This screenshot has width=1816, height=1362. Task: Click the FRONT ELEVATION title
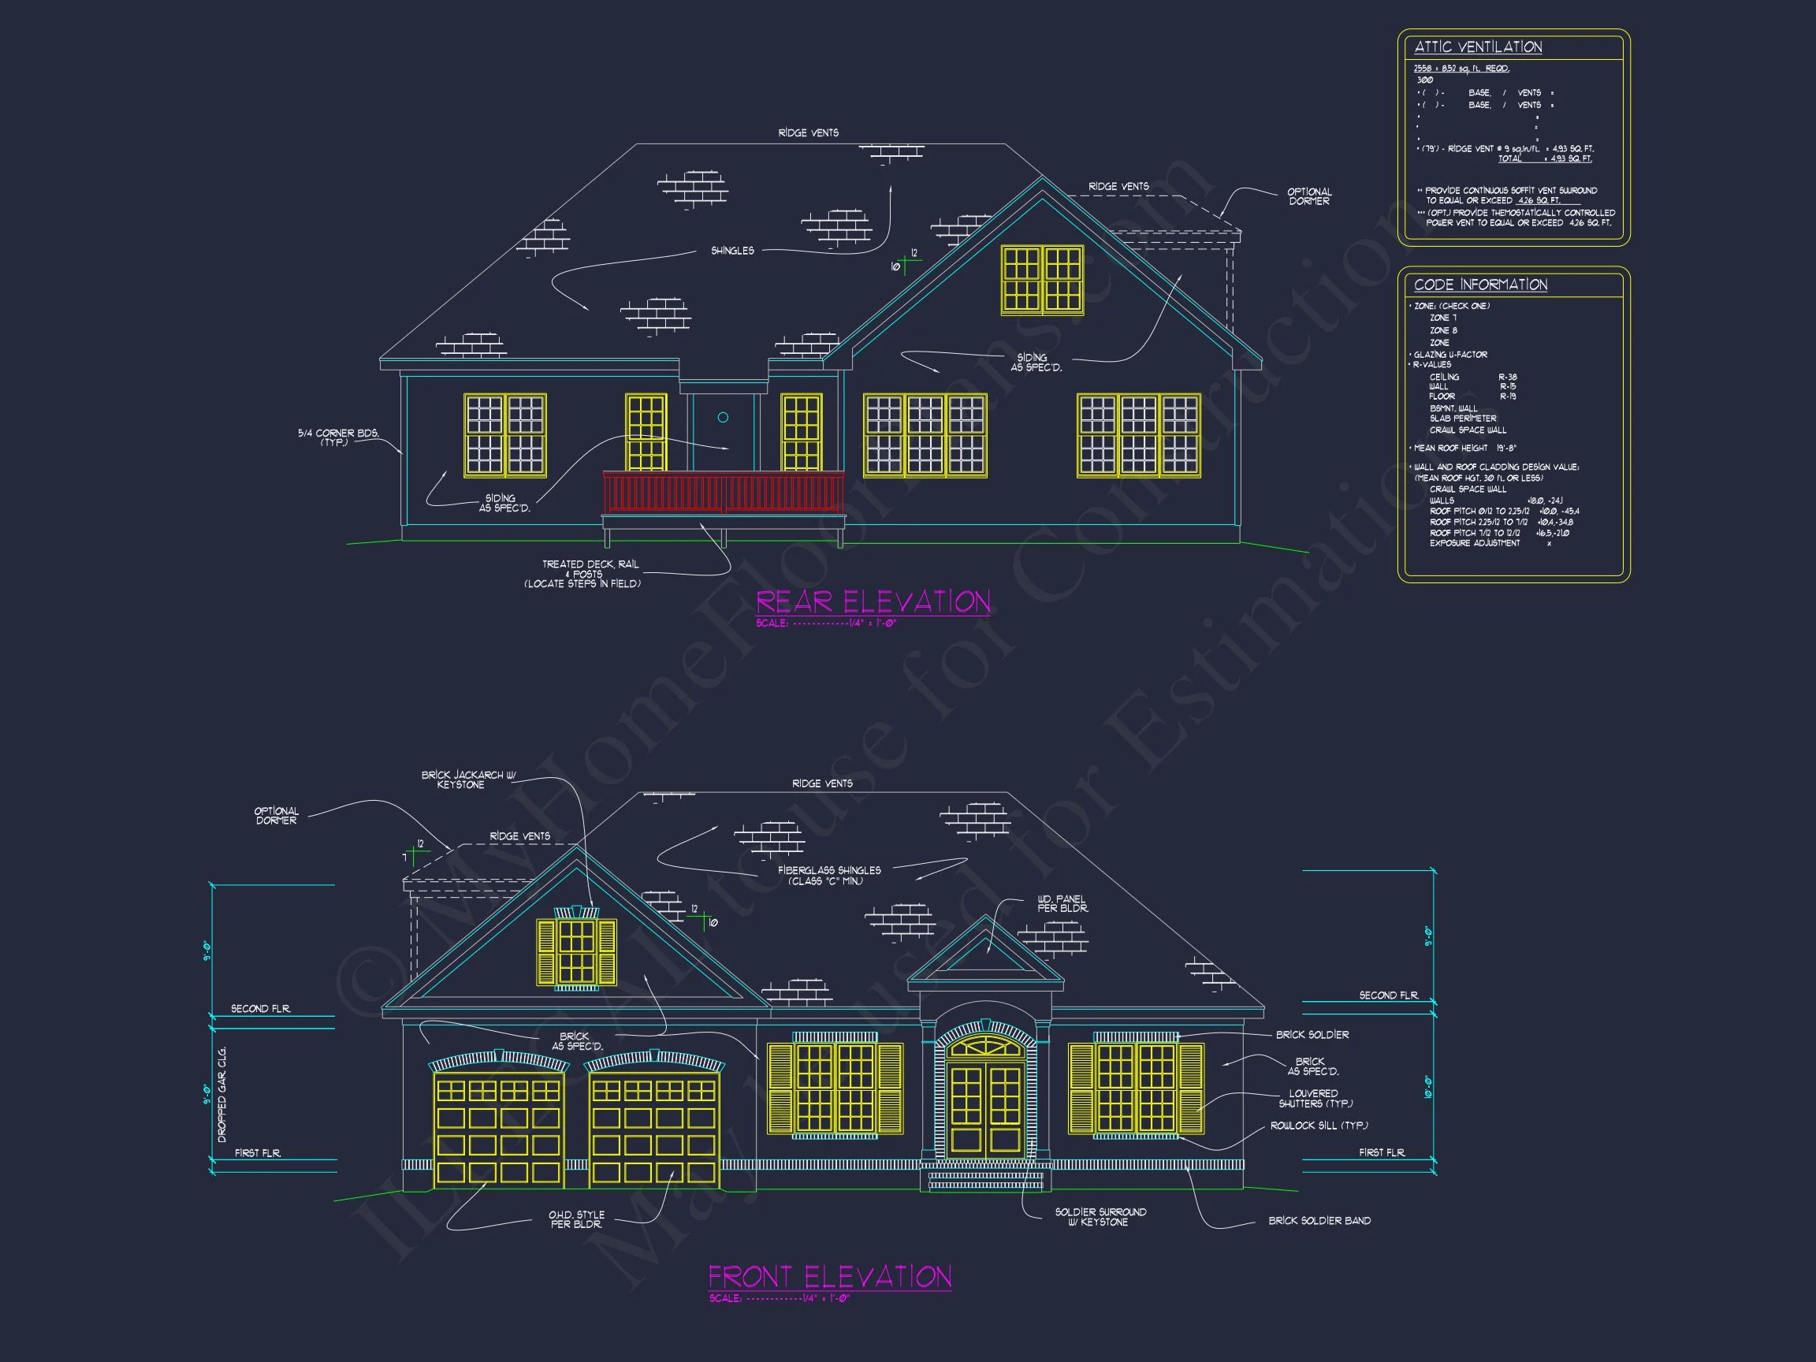(x=829, y=1277)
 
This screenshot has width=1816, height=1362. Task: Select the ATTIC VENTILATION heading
(x=1478, y=47)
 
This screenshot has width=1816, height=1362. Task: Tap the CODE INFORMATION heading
(x=1480, y=285)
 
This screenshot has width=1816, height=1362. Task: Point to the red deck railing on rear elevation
(x=723, y=493)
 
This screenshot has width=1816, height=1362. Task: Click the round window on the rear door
(x=723, y=418)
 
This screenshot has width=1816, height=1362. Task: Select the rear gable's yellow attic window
(x=1042, y=280)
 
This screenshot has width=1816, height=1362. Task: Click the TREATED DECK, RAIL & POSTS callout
(x=590, y=574)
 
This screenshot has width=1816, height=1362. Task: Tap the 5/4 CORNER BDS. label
(x=337, y=437)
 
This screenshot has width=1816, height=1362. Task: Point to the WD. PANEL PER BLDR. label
(x=1062, y=904)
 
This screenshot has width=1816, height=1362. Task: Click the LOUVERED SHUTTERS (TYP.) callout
(x=1315, y=1099)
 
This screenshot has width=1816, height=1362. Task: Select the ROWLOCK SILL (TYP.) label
(x=1319, y=1126)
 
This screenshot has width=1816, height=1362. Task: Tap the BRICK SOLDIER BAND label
(x=1319, y=1221)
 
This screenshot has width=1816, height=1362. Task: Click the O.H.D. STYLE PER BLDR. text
(x=576, y=1219)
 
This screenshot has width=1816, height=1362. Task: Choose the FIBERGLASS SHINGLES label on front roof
(x=828, y=875)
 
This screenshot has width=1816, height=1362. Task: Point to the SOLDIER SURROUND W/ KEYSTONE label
(x=1100, y=1217)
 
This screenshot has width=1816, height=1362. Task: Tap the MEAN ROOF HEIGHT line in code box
(x=1464, y=448)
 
